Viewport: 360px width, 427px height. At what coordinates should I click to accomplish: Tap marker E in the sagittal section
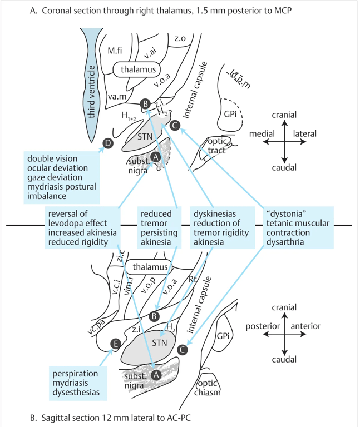[115, 344]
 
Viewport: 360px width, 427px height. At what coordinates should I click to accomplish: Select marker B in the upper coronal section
[145, 104]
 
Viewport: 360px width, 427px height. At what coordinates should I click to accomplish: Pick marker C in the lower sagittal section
[181, 350]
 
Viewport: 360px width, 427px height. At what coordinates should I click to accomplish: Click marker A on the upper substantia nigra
[156, 157]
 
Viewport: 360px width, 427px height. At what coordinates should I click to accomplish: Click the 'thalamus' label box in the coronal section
[137, 69]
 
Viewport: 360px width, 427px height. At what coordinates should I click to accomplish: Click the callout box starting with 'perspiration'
[77, 383]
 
